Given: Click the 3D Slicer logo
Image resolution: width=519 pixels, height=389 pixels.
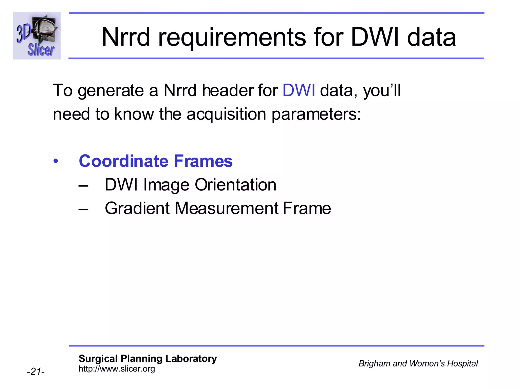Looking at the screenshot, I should click(37, 36).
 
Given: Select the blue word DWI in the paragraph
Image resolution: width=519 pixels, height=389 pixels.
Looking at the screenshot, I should click(299, 90).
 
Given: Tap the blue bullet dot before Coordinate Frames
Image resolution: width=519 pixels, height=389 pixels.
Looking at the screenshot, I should click(56, 161).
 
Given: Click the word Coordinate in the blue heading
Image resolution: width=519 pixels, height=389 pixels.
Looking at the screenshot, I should click(124, 161).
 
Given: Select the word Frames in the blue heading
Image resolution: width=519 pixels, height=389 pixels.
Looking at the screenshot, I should click(203, 161).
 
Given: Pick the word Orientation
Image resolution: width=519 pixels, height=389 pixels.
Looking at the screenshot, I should click(235, 185).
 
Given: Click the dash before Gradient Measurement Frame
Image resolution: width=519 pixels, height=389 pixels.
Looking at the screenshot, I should click(83, 209).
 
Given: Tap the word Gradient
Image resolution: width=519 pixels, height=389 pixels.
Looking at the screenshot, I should click(137, 208).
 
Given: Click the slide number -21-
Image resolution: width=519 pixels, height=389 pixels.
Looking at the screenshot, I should click(36, 372).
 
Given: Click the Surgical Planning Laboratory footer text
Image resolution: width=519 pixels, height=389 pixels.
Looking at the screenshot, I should click(148, 359).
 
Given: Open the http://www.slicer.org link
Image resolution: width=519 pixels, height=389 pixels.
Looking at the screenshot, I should click(117, 369).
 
